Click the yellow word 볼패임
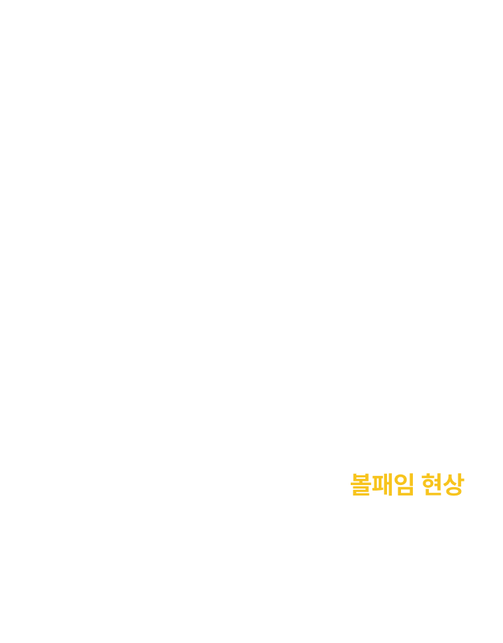click(382, 484)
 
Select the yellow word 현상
click(443, 484)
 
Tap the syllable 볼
click(360, 484)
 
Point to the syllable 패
click(382, 484)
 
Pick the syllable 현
click(432, 484)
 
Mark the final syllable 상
click(454, 484)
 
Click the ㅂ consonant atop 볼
click(360, 477)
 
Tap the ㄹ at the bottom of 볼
click(360, 491)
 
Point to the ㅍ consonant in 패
click(377, 484)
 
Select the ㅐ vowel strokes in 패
click(388, 484)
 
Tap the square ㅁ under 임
click(406, 491)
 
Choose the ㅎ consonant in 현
click(428, 481)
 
